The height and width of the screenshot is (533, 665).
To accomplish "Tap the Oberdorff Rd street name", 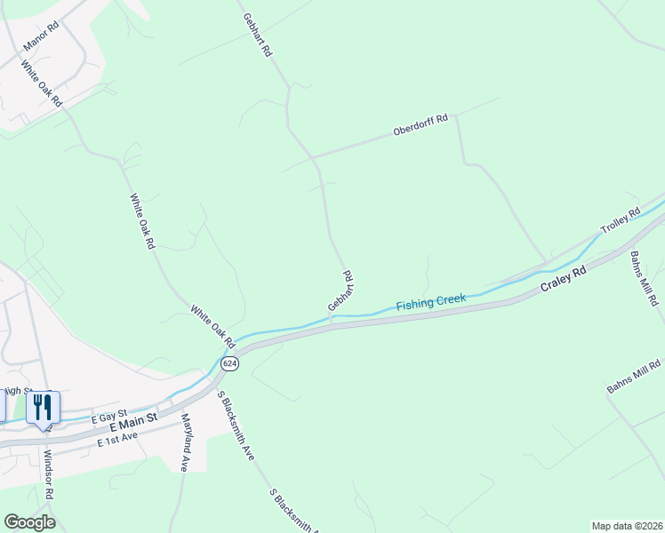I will pos(421,125).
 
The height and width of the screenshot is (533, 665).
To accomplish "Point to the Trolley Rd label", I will pos(621,220).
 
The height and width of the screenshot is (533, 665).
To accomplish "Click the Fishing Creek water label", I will pos(431,301).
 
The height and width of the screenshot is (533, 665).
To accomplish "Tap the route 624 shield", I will pos(230,363).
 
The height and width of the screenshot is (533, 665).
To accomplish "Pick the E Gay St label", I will pos(109,413).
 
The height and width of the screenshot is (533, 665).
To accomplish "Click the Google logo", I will pos(29,521).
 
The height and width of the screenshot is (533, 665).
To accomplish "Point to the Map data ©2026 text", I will pos(626,526).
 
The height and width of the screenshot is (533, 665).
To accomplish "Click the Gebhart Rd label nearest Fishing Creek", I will pos(341,291).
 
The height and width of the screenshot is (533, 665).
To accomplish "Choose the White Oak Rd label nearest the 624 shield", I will pos(212,326).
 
